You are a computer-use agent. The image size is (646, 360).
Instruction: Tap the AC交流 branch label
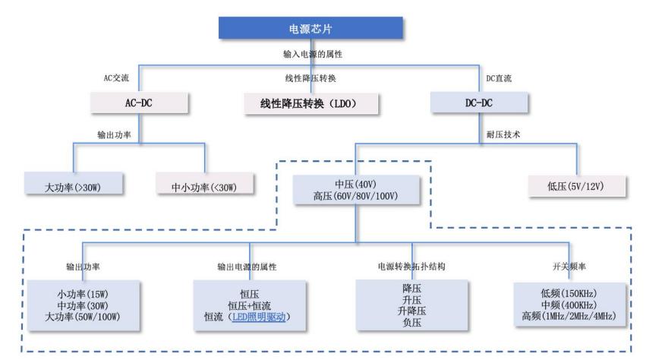coord(117,78)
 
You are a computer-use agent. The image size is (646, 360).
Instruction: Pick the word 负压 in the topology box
coord(411,323)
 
